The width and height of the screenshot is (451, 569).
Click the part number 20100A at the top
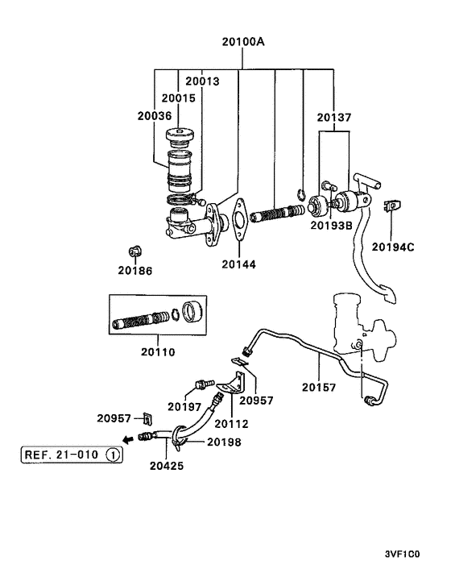click(243, 42)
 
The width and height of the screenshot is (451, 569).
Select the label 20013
click(202, 81)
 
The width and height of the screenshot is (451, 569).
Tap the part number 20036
click(155, 116)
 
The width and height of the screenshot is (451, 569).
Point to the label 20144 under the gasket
click(238, 264)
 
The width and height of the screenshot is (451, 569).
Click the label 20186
click(134, 271)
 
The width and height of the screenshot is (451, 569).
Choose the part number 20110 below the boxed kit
click(158, 352)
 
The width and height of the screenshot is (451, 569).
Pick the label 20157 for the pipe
click(319, 388)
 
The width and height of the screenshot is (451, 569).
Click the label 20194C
click(393, 247)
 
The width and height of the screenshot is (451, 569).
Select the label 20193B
click(331, 226)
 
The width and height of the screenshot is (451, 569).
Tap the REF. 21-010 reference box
click(72, 455)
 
